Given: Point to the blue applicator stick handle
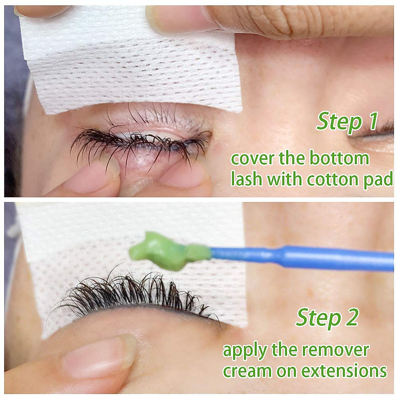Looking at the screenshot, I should [x=299, y=258].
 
